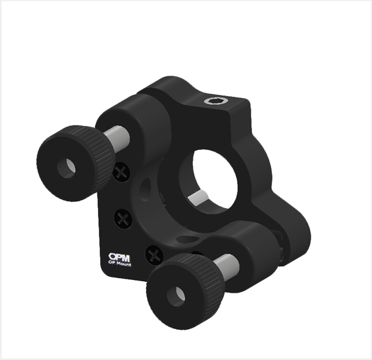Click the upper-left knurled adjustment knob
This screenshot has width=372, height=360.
pyautogui.click(x=76, y=163)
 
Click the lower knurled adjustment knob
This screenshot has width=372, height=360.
pyautogui.click(x=185, y=291)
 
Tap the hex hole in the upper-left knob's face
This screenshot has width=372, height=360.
pyautogui.click(x=66, y=168)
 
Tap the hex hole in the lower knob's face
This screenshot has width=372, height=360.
pyautogui.click(x=176, y=296)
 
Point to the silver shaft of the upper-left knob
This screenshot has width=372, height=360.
pyautogui.click(x=117, y=138)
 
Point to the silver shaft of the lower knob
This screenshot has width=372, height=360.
pyautogui.click(x=226, y=266)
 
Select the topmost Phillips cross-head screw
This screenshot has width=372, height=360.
pyautogui.click(x=122, y=172)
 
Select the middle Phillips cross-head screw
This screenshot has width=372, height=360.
pyautogui.click(x=123, y=218)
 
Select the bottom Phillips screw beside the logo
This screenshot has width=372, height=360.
pyautogui.click(x=154, y=256)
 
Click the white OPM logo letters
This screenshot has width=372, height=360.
pyautogui.click(x=119, y=257)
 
